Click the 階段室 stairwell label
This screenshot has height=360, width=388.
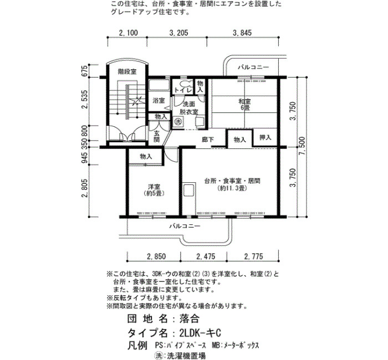click(127, 71)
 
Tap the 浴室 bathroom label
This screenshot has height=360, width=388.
click(159, 101)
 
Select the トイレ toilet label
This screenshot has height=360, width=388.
click(183, 90)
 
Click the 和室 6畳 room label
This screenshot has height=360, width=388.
click(244, 105)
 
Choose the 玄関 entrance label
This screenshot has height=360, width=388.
click(157, 136)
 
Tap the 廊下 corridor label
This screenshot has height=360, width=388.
click(208, 140)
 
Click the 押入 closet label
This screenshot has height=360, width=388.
click(266, 137)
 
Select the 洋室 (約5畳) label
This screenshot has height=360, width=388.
click(154, 190)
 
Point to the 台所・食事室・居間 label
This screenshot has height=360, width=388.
click(232, 181)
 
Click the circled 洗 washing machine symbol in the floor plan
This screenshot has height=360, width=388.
click(177, 121)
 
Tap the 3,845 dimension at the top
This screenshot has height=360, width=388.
click(242, 33)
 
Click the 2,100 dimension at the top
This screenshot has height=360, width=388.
click(129, 33)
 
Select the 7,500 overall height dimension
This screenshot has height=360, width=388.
click(303, 146)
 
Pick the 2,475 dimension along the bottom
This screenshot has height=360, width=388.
click(206, 256)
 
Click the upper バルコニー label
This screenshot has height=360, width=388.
click(253, 67)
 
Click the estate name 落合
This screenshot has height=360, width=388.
click(190, 318)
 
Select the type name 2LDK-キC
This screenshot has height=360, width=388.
click(200, 333)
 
